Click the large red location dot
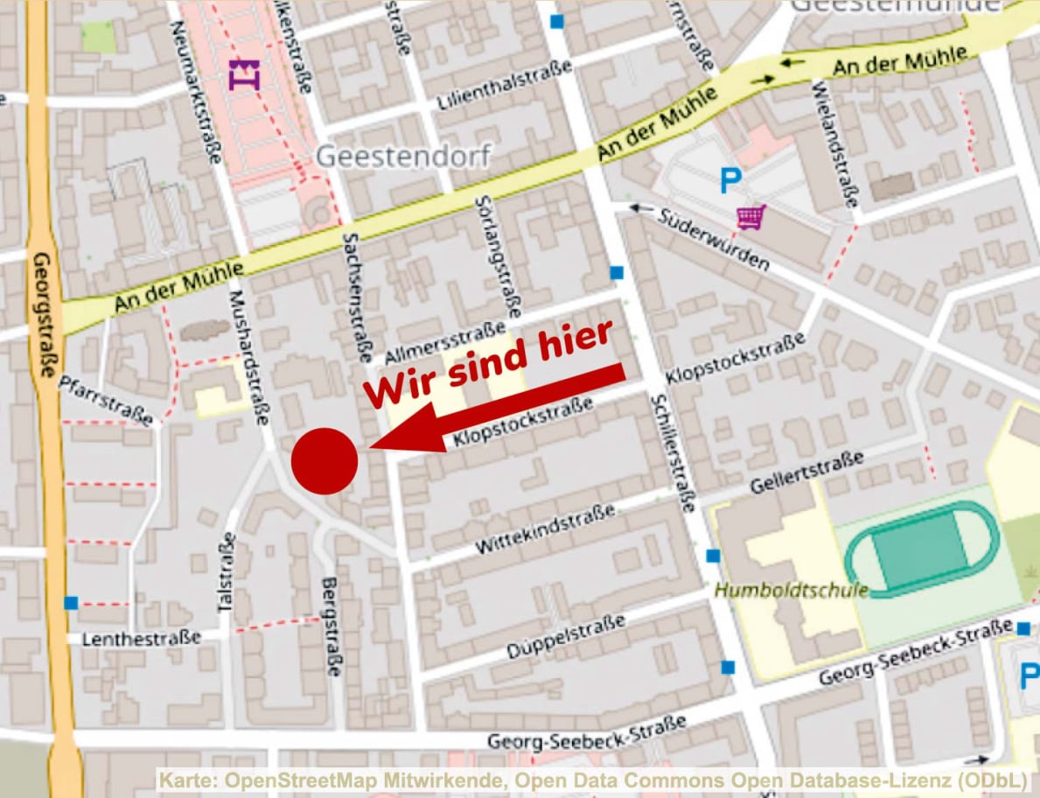click(x=325, y=461)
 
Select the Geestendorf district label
click(x=403, y=157)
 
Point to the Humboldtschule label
click(x=792, y=590)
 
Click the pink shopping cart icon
click(x=750, y=216)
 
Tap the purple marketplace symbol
click(x=244, y=75)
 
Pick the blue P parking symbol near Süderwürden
click(x=729, y=182)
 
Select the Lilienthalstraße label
click(x=504, y=86)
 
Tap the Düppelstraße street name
click(x=566, y=636)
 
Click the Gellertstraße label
click(x=807, y=472)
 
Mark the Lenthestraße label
click(x=142, y=638)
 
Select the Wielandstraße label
click(x=834, y=143)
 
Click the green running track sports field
click(x=921, y=549)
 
